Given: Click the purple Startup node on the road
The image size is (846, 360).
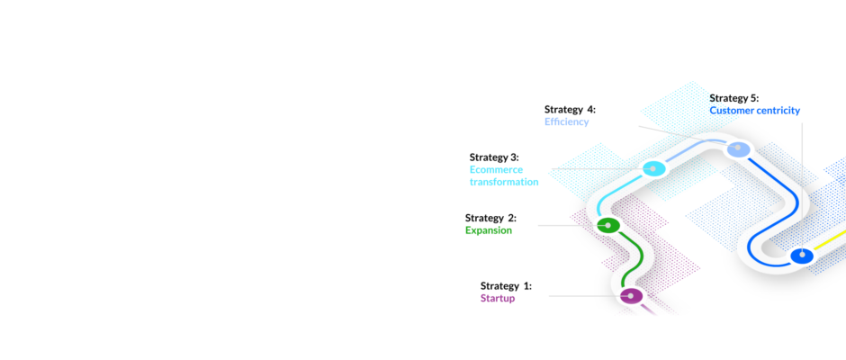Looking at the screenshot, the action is tap(631, 296).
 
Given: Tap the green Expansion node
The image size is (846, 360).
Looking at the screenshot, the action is tap(608, 225).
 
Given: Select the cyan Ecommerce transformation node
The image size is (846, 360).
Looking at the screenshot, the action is tap(652, 169).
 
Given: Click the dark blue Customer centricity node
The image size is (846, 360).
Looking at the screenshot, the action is tap(802, 255).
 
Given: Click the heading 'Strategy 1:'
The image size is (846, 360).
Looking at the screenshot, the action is tap(506, 286).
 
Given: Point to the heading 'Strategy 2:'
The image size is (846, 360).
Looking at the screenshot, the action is tap(490, 218).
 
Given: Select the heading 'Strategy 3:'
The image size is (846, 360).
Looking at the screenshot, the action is tap(494, 157).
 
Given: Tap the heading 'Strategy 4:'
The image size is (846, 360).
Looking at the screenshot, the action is tap(571, 110).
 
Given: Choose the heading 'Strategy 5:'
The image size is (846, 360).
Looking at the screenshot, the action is tap(733, 98).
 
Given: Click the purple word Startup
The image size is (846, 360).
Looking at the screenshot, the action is tap(498, 299).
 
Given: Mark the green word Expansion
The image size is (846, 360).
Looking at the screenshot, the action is tap(489, 230).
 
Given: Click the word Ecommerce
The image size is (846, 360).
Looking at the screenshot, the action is tap(497, 170).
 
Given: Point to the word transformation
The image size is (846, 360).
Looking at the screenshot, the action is tap(504, 182).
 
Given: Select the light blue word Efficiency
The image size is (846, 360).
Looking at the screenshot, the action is tap(566, 122).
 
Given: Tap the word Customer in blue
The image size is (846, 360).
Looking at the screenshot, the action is tap(731, 111).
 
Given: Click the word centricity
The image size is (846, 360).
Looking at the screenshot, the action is tap(778, 111).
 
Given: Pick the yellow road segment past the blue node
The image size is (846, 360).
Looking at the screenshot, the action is tap(830, 240).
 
